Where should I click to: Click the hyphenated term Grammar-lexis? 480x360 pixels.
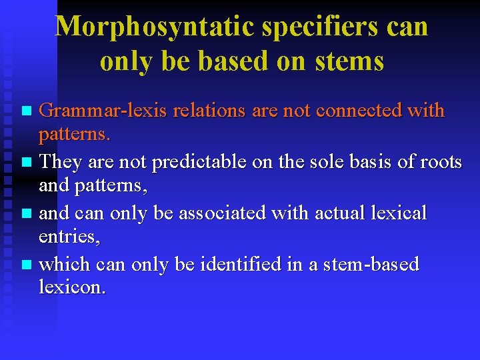point(103,111)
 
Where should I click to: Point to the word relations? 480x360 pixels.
point(209,111)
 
